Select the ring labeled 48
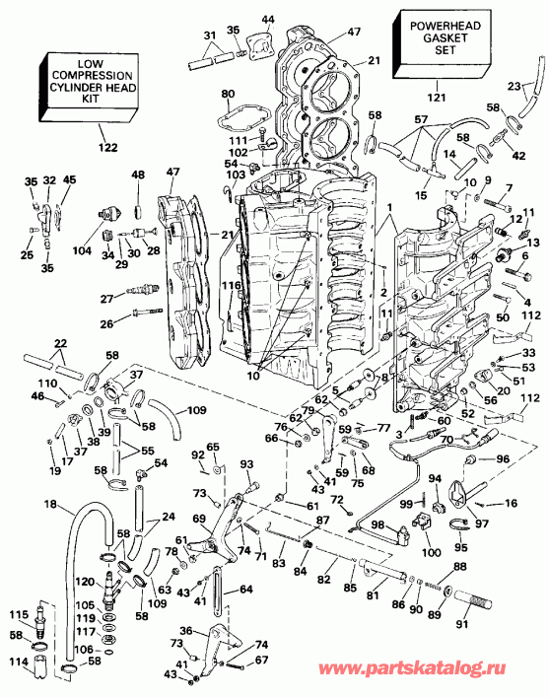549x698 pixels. point(137,208)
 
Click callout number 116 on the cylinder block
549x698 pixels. point(233,285)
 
